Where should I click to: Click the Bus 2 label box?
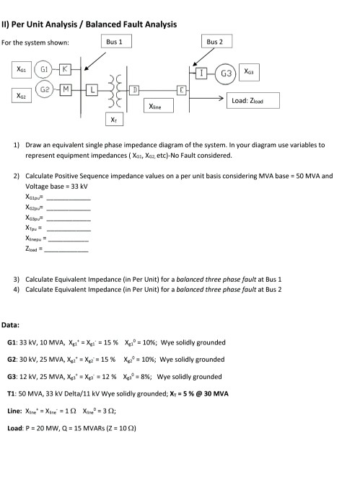click(215, 43)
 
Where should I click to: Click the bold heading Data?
click(11, 325)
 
